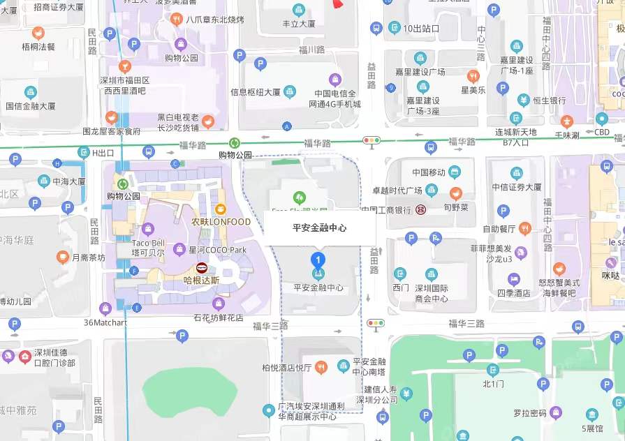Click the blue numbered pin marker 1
pyautogui.click(x=318, y=261)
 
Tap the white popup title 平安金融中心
pyautogui.click(x=319, y=227)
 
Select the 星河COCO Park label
pyautogui.click(x=217, y=249)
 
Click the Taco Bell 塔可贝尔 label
pyautogui.click(x=148, y=247)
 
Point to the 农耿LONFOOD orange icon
pyautogui.click(x=221, y=209)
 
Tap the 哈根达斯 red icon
pyautogui.click(x=202, y=268)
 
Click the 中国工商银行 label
pyautogui.click(x=385, y=209)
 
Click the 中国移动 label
pyautogui.click(x=429, y=172)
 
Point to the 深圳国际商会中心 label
pyautogui.click(x=432, y=293)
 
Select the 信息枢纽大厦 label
pyautogui.click(x=256, y=91)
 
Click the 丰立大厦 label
pyautogui.click(x=298, y=23)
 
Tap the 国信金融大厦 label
pyautogui.click(x=30, y=106)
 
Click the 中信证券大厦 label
pyautogui.click(x=515, y=186)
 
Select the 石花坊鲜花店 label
pyautogui.click(x=218, y=317)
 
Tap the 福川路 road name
pyautogui.click(x=311, y=50)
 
